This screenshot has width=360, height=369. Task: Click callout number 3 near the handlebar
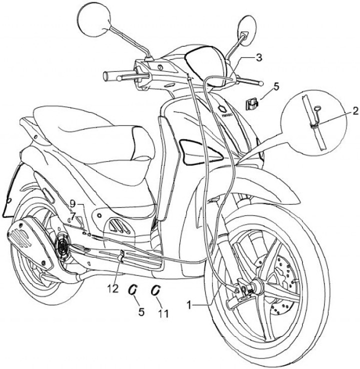tap(258, 57)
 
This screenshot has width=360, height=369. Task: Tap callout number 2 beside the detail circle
tap(354, 110)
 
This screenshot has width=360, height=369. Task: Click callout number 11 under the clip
tap(163, 313)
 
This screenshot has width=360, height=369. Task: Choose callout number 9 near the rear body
tap(73, 204)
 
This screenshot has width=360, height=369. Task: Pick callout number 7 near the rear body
tap(73, 215)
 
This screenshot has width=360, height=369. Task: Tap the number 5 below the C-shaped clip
tap(141, 312)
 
